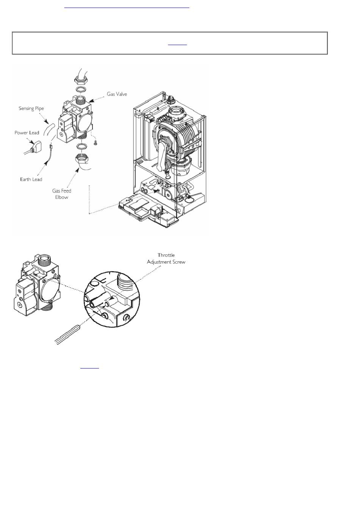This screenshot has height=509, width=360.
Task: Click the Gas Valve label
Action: pos(117,94)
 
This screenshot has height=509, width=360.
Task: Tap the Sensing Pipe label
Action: pos(31,108)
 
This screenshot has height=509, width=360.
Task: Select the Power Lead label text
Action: pos(27,133)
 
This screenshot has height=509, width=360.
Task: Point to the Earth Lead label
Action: pos(31,179)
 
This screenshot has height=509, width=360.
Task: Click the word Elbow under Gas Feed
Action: pos(62,197)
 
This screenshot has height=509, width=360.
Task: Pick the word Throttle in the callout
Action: pos(166,255)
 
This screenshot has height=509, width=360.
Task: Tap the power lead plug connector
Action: pos(37,146)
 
